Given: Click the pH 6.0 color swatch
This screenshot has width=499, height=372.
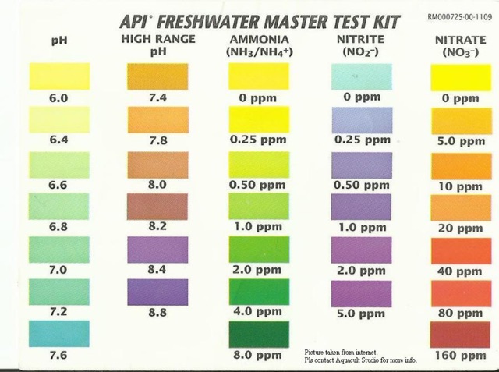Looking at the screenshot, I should pos(59,76).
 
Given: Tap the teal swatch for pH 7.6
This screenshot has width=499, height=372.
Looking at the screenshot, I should pos(59,334).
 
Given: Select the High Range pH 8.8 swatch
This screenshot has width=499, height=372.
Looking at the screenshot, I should pos(157,292).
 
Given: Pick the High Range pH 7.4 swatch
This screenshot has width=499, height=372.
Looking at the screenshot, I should pos(157,76).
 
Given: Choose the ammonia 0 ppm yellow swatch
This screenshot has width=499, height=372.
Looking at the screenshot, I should pos(259,76).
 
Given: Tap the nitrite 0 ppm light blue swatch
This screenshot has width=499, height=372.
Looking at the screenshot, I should pos(361,76).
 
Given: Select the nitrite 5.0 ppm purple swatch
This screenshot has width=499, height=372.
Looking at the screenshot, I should pos(361,292).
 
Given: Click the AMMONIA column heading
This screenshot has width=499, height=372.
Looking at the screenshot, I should pos(259,39).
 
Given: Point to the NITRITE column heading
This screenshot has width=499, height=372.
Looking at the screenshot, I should pos(361,39).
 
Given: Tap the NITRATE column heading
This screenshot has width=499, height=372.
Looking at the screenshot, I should pos(460,39).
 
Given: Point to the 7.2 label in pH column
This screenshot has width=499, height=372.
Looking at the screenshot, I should pos(59,312).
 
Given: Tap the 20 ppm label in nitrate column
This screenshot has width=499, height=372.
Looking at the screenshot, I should pos(460,229).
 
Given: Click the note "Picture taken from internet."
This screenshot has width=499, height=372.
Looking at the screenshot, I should pos(344,353).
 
